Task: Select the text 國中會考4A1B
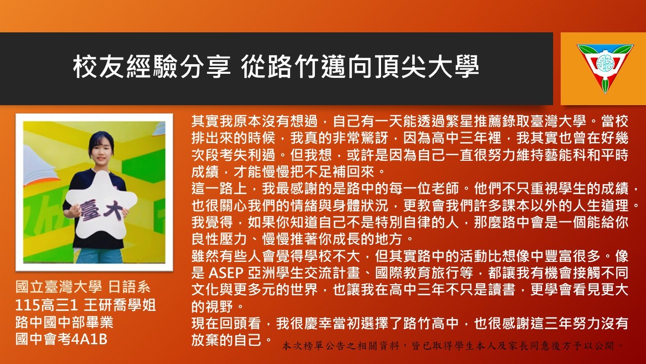tap(62, 339)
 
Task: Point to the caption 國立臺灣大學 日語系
tap(83, 288)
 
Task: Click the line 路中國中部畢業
tap(64, 323)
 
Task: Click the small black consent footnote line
tap(453, 345)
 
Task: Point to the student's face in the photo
tap(101, 150)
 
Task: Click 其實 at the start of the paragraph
tap(205, 121)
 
